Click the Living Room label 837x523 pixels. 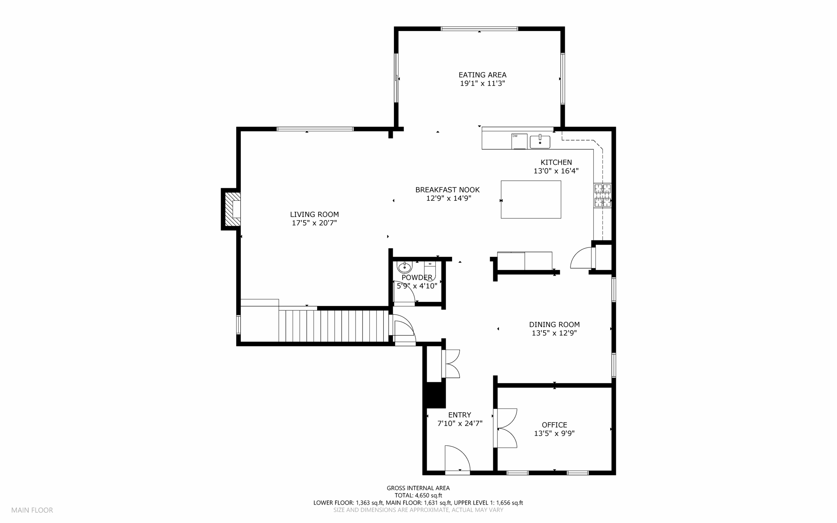click(314, 214)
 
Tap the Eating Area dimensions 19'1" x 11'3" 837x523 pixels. click(482, 83)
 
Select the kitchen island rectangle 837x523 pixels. click(531, 200)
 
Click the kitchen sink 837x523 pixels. click(540, 141)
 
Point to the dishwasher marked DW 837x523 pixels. click(519, 141)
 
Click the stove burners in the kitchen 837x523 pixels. click(603, 195)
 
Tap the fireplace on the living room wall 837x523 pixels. click(231, 209)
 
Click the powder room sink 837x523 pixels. click(405, 267)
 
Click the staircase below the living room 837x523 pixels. click(333, 325)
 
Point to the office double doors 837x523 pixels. click(506, 428)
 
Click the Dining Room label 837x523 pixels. click(554, 325)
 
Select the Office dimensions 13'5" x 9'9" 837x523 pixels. click(554, 433)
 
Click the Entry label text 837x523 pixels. click(460, 415)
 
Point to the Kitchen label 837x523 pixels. click(556, 162)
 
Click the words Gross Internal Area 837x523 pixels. click(418, 488)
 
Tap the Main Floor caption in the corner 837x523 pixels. click(32, 510)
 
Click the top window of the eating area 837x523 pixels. click(479, 29)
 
